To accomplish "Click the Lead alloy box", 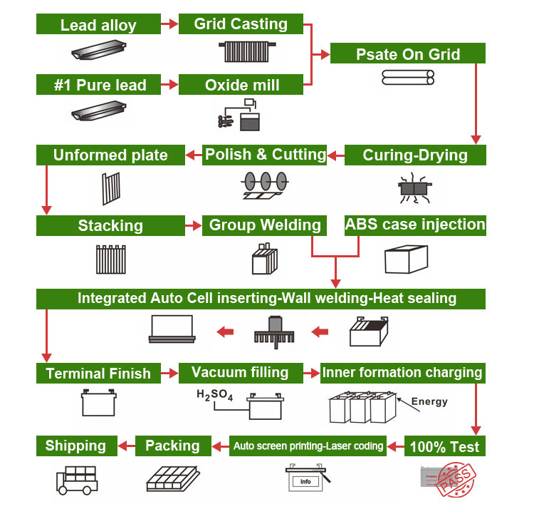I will tap(98, 25).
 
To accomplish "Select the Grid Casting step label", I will tap(241, 24).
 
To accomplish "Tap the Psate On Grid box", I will tap(407, 53).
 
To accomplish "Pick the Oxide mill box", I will tap(241, 85).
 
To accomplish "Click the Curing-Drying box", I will tap(414, 155).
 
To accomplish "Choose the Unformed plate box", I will tap(110, 155).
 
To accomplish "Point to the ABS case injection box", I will tap(414, 225).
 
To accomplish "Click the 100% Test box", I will tap(445, 447).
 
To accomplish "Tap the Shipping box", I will tap(75, 446).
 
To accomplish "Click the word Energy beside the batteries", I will tap(429, 401).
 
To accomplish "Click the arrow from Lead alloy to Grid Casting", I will tap(169, 25).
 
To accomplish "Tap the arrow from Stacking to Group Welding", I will tap(193, 226).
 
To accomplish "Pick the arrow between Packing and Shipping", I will tap(126, 446).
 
